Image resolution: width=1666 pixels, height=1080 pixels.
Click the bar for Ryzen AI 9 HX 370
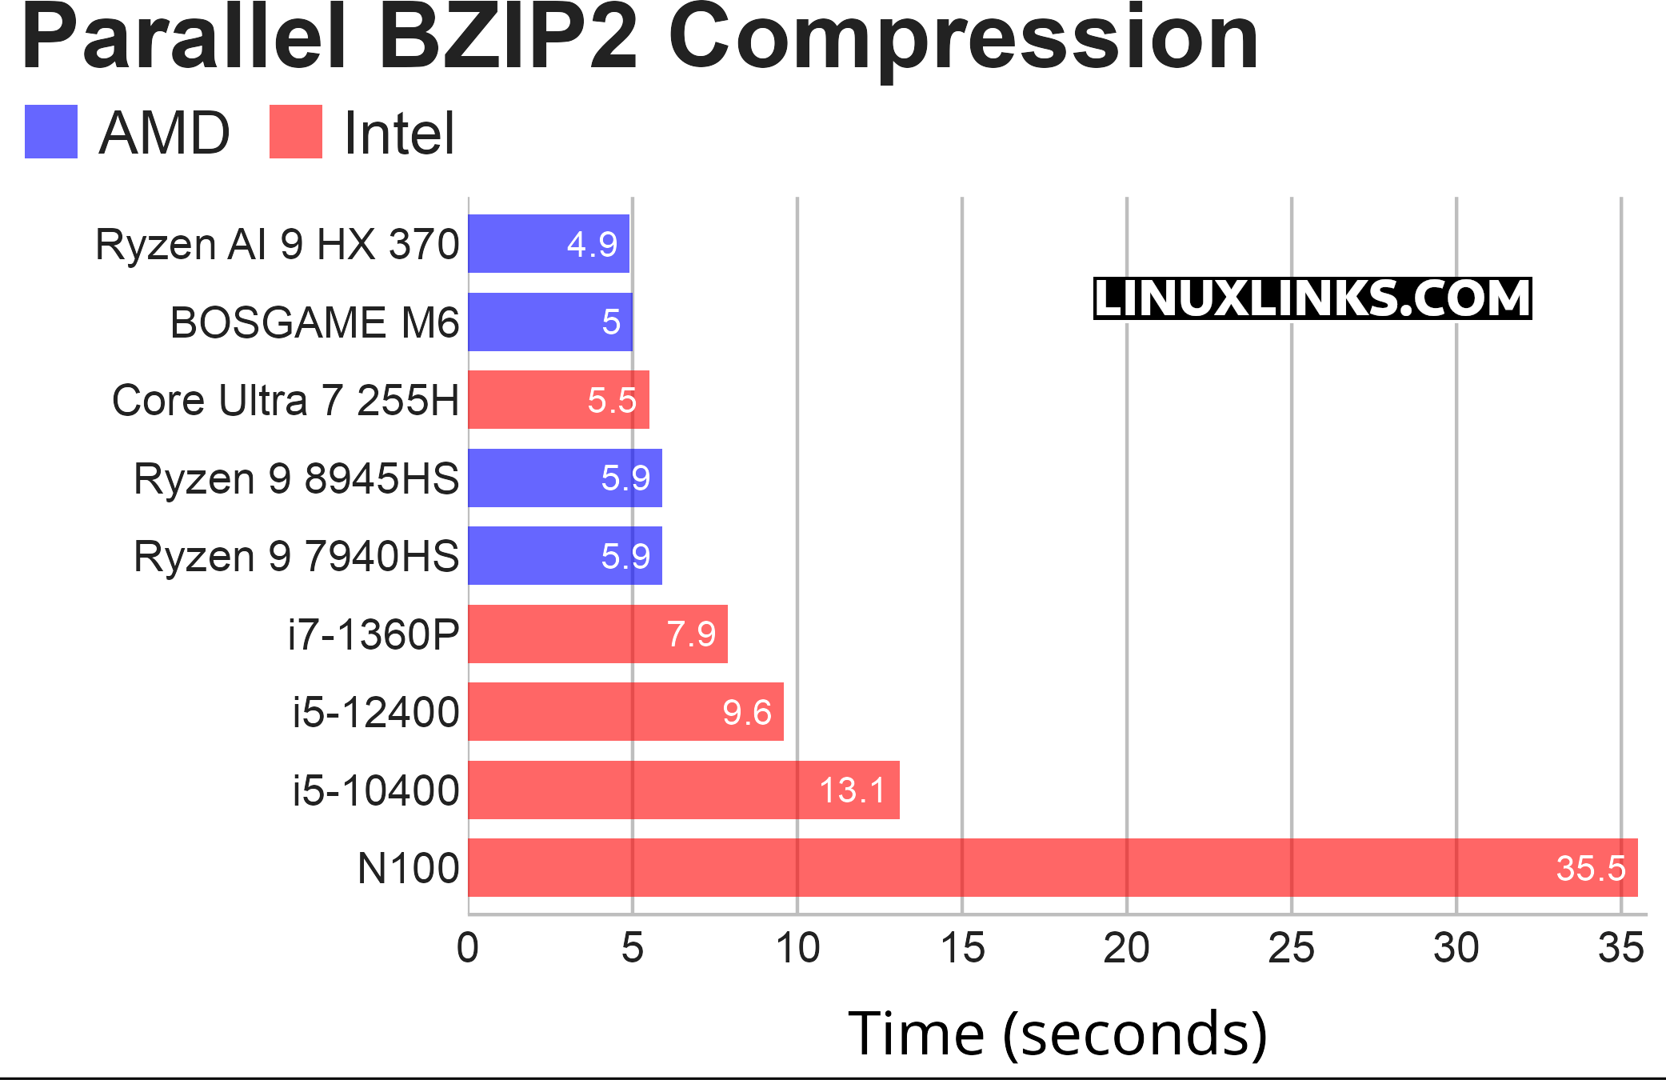point(549,243)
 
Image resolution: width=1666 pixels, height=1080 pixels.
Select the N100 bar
point(1053,868)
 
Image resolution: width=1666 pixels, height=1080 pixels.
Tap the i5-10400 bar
point(684,790)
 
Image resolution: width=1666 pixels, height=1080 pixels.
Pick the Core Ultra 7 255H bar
point(558,400)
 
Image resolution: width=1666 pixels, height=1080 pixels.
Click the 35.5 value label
point(1591,869)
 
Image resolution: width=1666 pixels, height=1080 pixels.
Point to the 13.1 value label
point(853,790)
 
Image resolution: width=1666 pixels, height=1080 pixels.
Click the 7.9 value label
point(691,634)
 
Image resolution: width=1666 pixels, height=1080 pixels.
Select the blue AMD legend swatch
point(51,132)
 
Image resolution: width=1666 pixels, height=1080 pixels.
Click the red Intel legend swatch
point(296,132)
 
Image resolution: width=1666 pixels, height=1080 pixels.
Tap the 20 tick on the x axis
point(1126,949)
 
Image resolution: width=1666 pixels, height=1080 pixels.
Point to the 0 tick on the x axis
point(468,949)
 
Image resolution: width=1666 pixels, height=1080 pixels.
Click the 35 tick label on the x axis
point(1620,949)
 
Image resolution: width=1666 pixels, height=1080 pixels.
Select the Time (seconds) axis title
point(1057,1034)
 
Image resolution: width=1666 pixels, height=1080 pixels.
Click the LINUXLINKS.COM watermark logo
point(1312,298)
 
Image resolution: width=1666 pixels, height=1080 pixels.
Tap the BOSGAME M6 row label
point(314,322)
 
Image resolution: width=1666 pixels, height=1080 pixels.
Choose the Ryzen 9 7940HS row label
point(296,557)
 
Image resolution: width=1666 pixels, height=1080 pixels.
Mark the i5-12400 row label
point(375,713)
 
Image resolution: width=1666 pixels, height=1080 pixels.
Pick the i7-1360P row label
point(374,635)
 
